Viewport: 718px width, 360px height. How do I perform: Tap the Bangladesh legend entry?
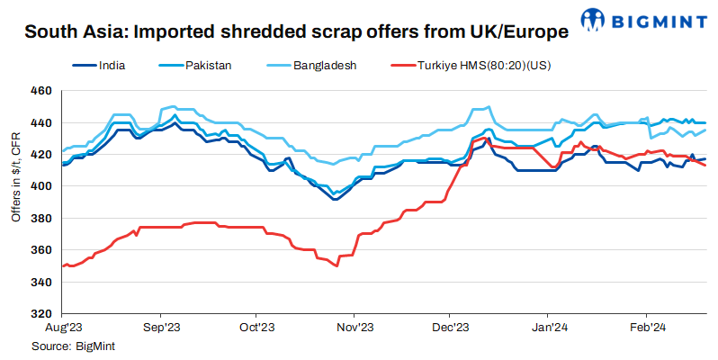point(322,66)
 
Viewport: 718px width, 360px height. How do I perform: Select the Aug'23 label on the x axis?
point(63,329)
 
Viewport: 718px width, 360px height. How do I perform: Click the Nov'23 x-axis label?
point(354,329)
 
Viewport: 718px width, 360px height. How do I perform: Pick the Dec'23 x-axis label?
point(451,329)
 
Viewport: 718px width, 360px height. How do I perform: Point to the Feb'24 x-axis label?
point(645,329)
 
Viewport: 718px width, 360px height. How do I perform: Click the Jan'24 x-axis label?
point(549,329)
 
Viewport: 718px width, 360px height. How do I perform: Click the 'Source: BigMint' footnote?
point(74,346)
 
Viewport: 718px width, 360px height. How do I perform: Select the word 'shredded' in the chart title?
point(257,33)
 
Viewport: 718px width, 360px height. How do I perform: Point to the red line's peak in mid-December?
point(486,139)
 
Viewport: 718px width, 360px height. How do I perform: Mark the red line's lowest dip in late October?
point(337,266)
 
